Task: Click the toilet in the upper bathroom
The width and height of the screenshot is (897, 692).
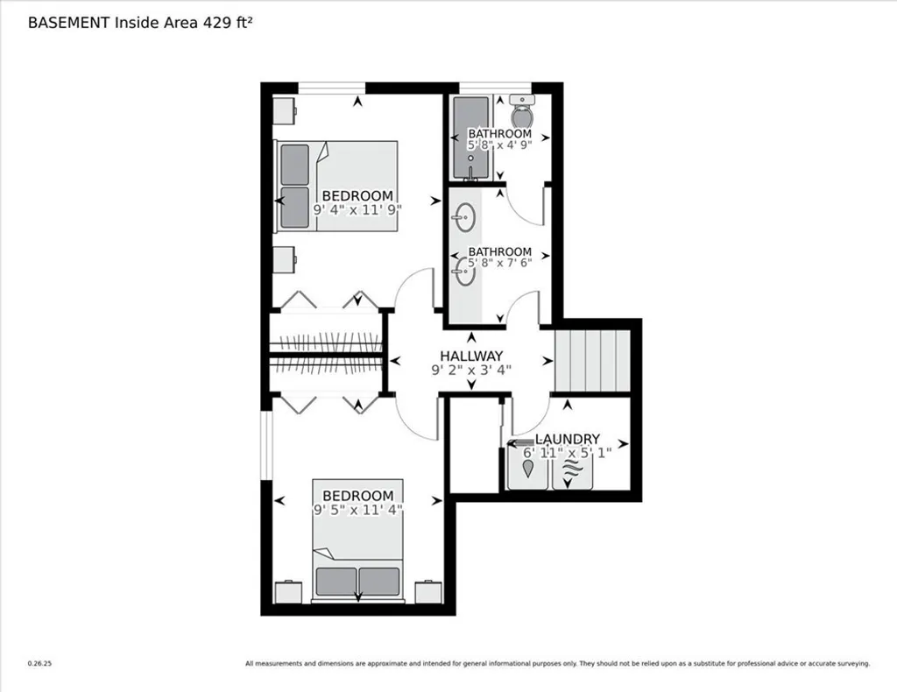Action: [x=522, y=113]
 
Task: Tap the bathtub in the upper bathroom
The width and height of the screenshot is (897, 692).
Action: [x=470, y=136]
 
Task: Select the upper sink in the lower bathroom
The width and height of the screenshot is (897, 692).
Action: [x=466, y=215]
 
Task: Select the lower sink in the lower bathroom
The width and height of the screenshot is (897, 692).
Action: [x=466, y=272]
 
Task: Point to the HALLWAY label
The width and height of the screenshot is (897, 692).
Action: [x=471, y=356]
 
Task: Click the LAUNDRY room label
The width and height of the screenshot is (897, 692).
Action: [x=568, y=439]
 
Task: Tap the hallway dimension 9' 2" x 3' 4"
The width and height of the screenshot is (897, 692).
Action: [x=471, y=370]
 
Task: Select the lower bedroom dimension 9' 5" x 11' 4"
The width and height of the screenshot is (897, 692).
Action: [x=357, y=509]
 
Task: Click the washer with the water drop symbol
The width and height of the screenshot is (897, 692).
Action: [x=529, y=469]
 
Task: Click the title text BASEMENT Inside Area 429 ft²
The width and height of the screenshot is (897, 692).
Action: [x=141, y=23]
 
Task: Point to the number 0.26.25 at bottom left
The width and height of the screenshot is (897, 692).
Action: [x=40, y=664]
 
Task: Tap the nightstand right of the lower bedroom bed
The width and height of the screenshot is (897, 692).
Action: [x=428, y=593]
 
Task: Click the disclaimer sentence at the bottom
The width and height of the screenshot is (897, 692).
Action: [x=557, y=664]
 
